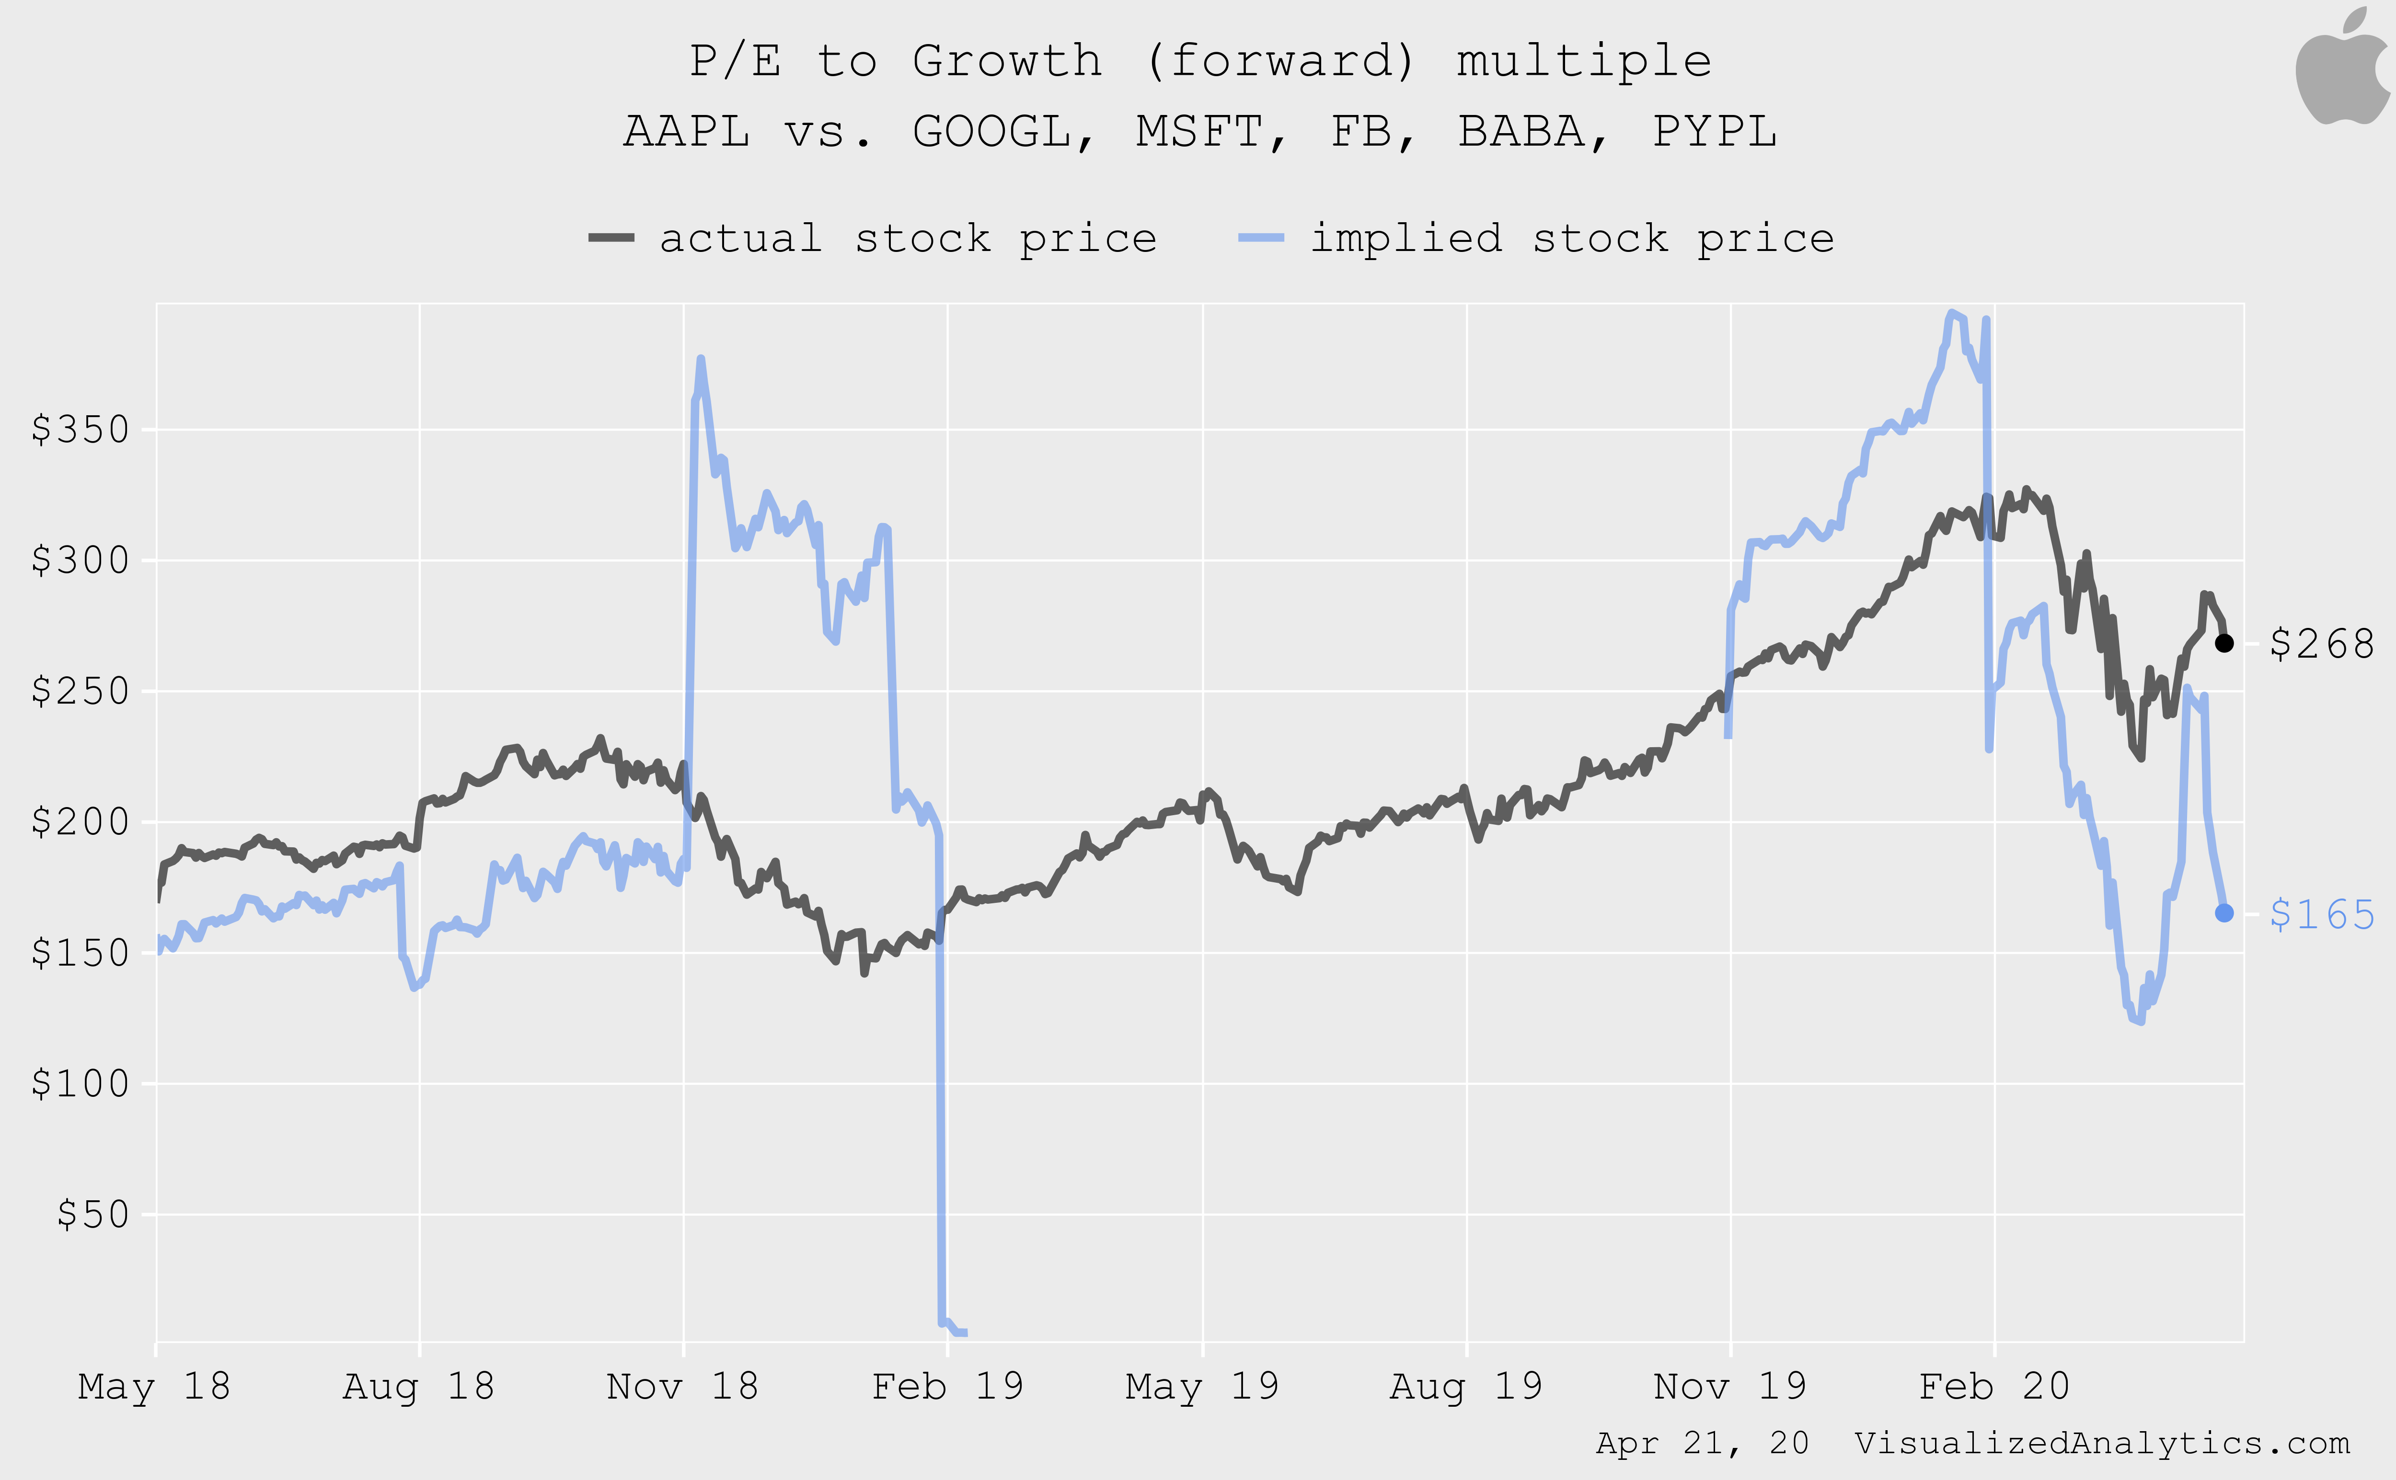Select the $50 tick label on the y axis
click(x=93, y=1215)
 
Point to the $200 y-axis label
click(x=81, y=822)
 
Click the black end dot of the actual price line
click(x=2223, y=643)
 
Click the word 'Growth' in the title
click(x=1007, y=61)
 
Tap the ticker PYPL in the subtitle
click(x=1715, y=131)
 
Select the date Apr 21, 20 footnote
click(x=1702, y=1443)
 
